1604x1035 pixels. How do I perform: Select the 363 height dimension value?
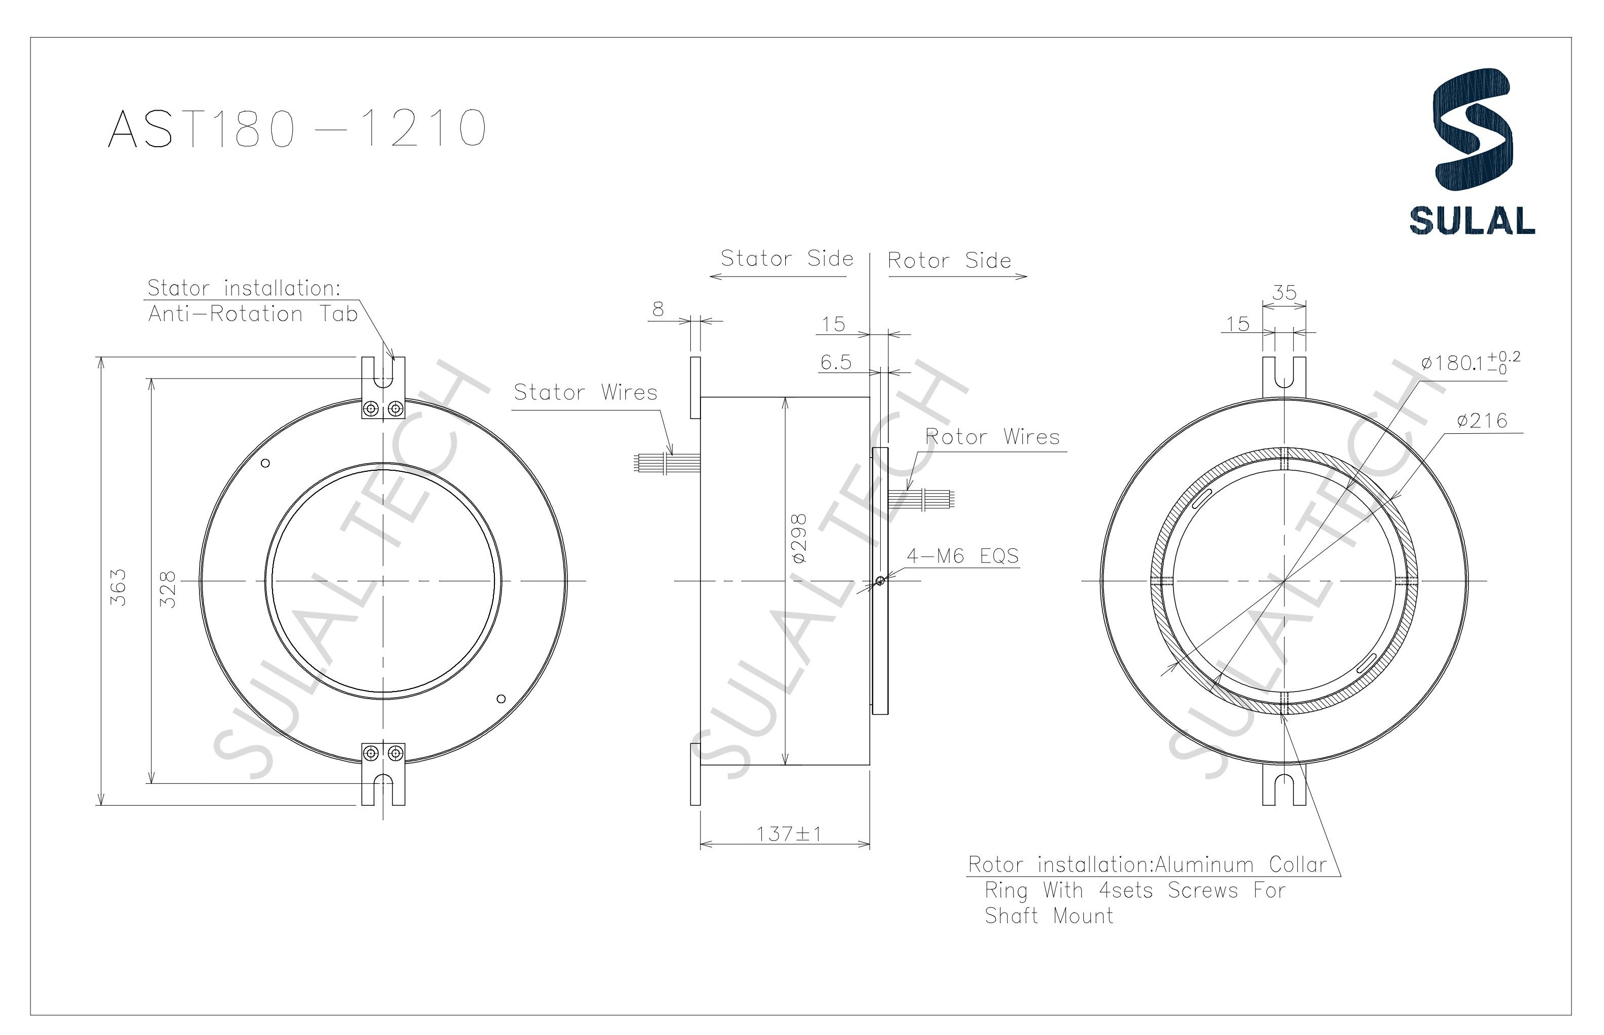(x=118, y=588)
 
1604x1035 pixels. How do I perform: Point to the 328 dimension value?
(x=168, y=590)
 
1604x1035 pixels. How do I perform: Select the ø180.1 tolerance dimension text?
(x=1469, y=363)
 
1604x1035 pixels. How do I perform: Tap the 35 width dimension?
(x=1284, y=293)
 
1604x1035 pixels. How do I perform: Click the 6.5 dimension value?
(x=836, y=363)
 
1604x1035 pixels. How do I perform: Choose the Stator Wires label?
(x=585, y=393)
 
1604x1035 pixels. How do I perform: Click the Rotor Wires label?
(x=992, y=437)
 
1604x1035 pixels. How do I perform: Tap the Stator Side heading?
(x=787, y=259)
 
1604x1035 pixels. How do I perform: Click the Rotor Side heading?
(x=949, y=261)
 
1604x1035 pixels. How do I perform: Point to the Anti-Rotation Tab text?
(x=253, y=314)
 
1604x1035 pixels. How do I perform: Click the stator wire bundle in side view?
(x=665, y=462)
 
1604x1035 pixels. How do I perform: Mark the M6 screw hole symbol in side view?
(x=880, y=581)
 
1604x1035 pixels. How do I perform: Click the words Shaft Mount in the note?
(x=1049, y=915)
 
